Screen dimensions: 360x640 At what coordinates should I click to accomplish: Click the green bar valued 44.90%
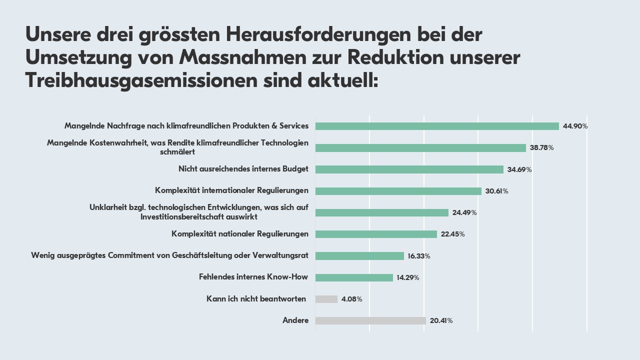[x=437, y=126]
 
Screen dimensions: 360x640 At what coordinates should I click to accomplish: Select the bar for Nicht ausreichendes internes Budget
[x=409, y=169]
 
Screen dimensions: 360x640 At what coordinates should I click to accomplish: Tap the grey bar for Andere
[x=370, y=320]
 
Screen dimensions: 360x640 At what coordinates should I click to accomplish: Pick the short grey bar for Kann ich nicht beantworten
[x=326, y=299]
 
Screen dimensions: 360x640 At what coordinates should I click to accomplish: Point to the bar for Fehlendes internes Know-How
[x=354, y=277]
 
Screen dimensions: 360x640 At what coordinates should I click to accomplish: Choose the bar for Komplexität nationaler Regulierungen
[x=376, y=234]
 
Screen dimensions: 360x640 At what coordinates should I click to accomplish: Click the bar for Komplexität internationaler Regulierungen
[x=398, y=191]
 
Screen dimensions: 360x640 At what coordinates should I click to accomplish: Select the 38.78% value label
[x=541, y=148]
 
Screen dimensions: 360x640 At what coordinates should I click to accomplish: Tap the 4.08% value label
[x=351, y=299]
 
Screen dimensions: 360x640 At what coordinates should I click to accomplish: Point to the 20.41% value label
[x=441, y=320]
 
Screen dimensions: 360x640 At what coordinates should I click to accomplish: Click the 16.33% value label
[x=419, y=256]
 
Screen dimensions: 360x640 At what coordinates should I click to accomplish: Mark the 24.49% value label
[x=464, y=212]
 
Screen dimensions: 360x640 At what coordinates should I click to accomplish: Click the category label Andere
[x=295, y=320]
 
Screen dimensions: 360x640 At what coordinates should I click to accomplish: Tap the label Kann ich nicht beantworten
[x=256, y=299]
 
